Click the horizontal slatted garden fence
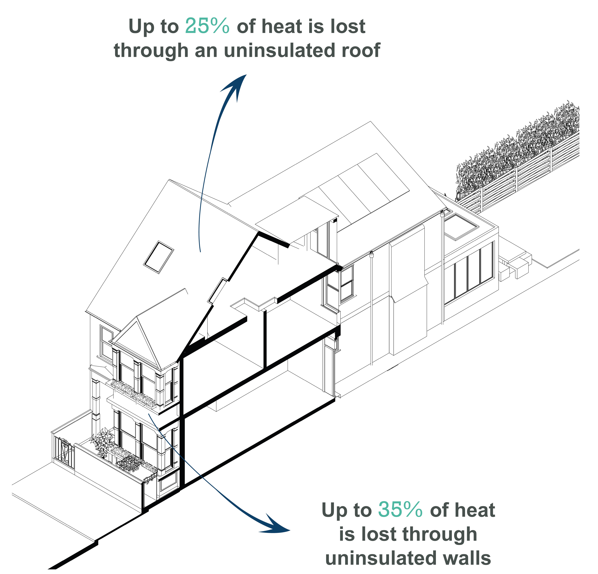pyautogui.click(x=519, y=180)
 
